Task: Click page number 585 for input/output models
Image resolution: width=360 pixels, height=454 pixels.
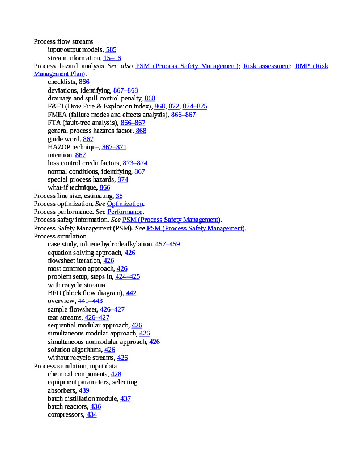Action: (111, 49)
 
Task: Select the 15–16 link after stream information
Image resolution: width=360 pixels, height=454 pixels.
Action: (112, 58)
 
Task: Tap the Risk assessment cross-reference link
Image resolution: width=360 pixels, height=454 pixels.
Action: (266, 66)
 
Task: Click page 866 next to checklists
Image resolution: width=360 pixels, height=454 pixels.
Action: (84, 82)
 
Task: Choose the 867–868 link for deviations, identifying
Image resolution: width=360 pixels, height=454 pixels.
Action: (125, 90)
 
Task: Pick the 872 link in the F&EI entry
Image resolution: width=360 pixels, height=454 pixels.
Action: (173, 106)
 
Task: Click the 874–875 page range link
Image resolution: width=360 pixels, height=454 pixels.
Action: (194, 106)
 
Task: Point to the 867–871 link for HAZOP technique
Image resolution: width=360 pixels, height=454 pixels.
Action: (114, 147)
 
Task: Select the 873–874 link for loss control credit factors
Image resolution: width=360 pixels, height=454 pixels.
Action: (135, 163)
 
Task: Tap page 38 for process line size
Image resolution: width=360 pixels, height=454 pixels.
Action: (119, 195)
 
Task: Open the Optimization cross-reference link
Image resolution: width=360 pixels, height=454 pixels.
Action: (125, 204)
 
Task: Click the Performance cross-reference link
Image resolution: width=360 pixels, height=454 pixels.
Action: (125, 212)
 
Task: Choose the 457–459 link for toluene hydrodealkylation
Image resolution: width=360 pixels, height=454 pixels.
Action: (167, 244)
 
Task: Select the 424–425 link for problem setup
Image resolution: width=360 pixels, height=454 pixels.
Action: (128, 276)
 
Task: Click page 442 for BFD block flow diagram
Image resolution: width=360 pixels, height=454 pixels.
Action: (131, 293)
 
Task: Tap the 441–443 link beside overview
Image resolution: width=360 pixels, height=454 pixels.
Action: (90, 301)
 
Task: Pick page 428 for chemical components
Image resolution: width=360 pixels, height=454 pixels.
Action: (116, 374)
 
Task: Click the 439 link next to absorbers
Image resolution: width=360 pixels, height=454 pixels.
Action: (83, 390)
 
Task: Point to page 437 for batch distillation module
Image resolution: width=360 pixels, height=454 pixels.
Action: (125, 398)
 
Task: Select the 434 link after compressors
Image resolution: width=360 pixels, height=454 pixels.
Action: (91, 415)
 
